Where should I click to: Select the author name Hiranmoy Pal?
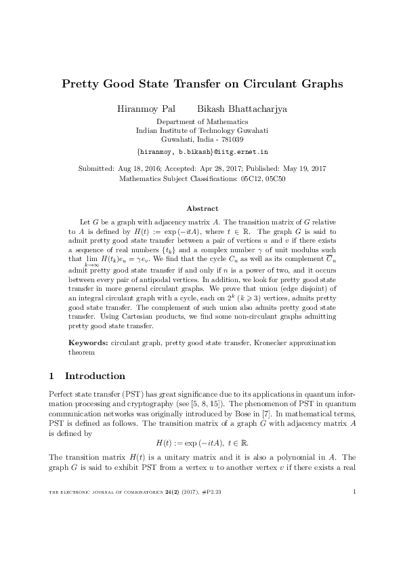pos(146,108)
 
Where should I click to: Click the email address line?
pos(202,153)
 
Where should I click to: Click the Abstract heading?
pos(202,208)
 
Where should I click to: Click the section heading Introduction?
pos(94,376)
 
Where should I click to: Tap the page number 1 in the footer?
pos(354,549)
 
